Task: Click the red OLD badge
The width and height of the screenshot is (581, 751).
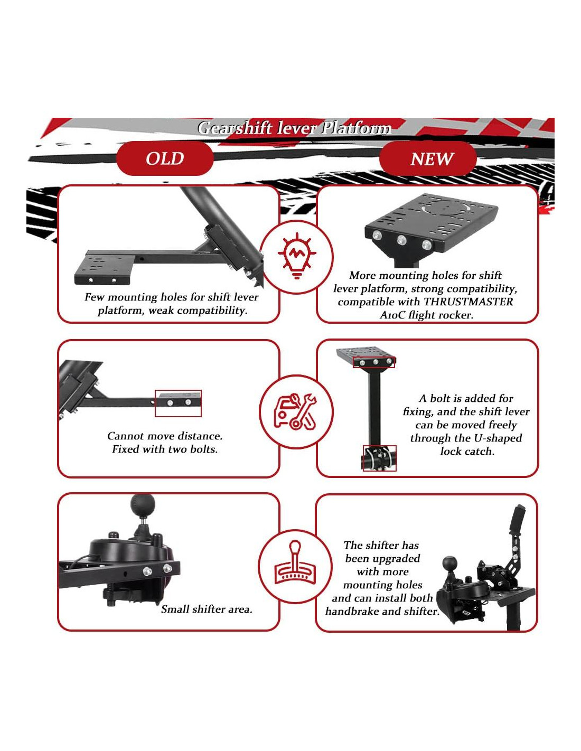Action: coord(164,158)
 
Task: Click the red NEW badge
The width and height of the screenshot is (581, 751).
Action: coord(427,158)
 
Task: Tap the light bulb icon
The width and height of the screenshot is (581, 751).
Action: coord(297,256)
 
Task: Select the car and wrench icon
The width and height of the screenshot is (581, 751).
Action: coord(295,411)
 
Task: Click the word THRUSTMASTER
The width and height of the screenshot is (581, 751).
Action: coord(468,302)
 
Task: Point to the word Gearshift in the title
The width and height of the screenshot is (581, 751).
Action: coord(235,128)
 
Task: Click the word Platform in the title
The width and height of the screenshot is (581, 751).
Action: coord(356,128)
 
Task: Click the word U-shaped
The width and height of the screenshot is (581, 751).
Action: coord(498,438)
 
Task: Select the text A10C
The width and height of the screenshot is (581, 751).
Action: coord(392,315)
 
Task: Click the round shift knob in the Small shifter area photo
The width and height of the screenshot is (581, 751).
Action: coord(143,505)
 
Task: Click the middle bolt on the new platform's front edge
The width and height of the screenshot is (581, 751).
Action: coord(401,240)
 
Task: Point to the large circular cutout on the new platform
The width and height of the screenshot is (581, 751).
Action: coord(446,208)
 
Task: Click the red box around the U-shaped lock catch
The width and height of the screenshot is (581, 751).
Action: coord(380,458)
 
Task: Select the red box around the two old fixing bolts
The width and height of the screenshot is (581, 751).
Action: coord(178,403)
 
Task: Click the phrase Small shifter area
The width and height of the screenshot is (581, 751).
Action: coord(207,609)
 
